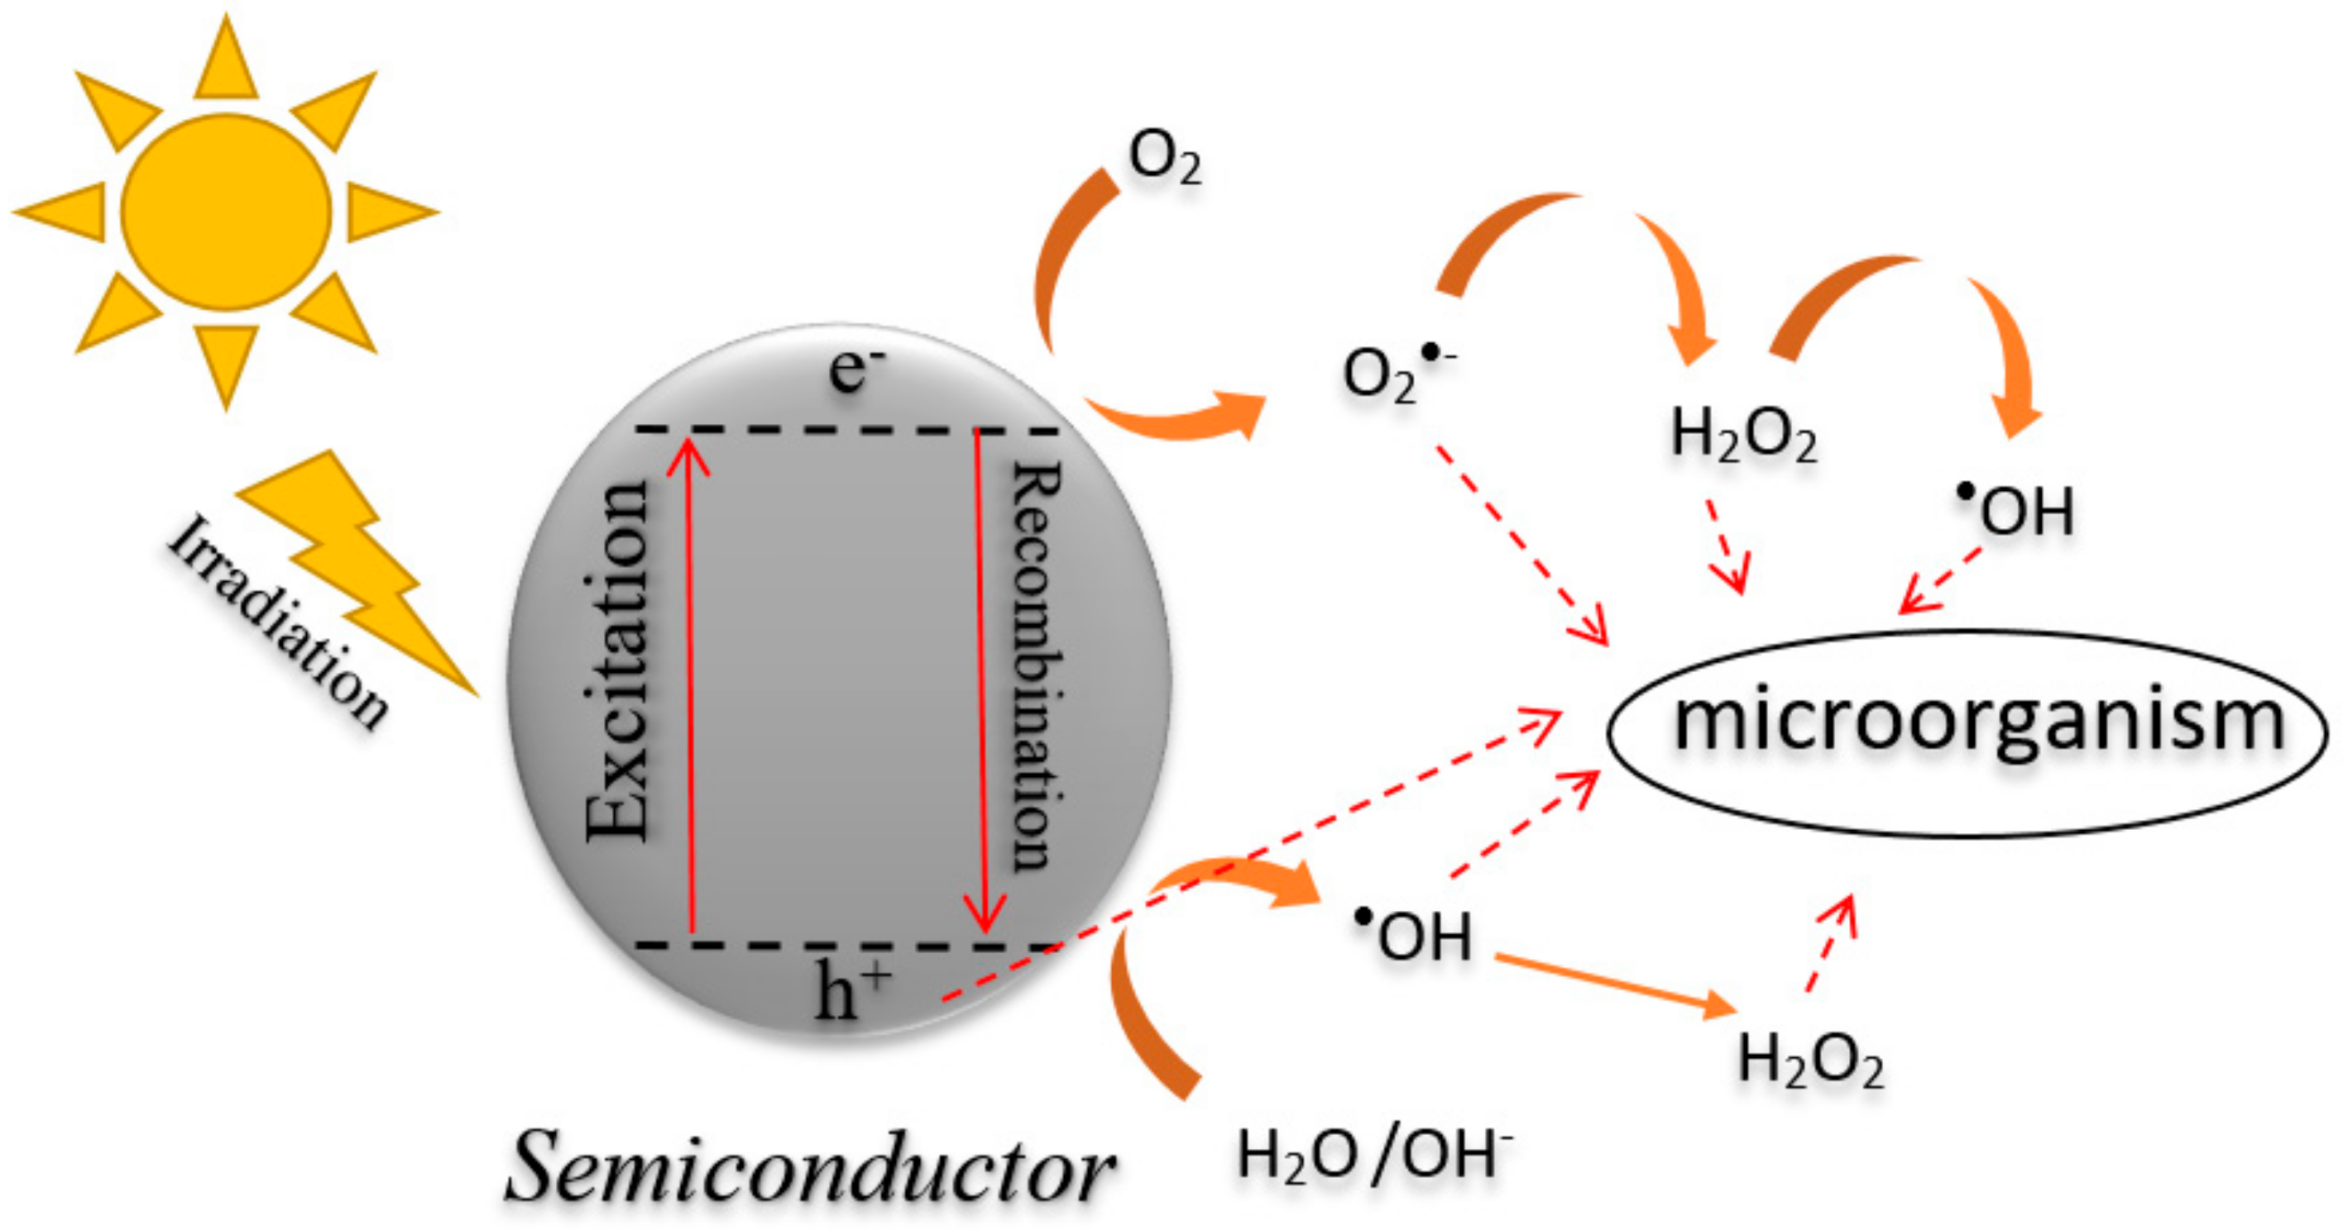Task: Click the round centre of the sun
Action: pos(226,212)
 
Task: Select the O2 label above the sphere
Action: pos(1164,158)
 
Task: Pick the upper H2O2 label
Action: pos(1742,436)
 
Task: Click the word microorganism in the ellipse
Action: pos(1979,722)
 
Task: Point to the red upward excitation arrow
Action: pos(689,682)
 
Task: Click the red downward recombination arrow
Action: pos(980,682)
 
